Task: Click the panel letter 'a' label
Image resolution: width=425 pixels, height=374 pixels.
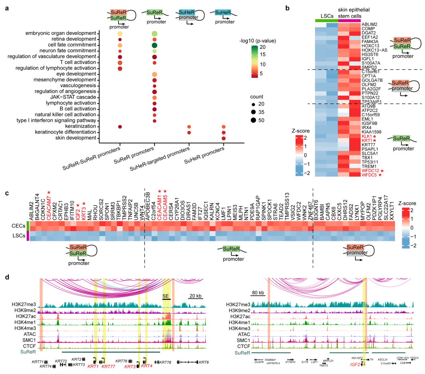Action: tap(7, 7)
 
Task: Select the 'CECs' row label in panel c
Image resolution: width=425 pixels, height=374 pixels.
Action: tap(17, 226)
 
